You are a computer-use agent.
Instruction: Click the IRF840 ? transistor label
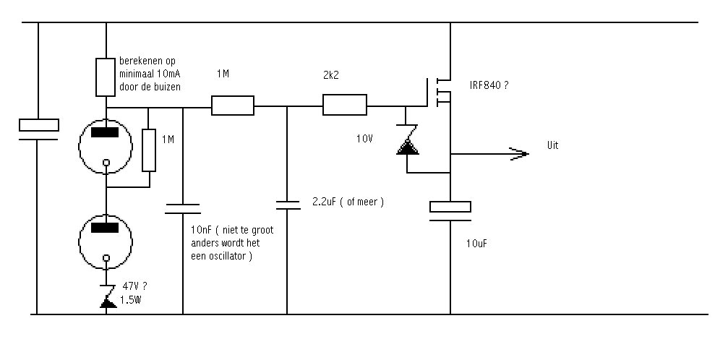coord(489,85)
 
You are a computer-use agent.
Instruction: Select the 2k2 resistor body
coord(345,105)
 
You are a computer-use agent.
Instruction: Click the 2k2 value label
coord(330,75)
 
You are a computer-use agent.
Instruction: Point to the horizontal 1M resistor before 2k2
coord(233,106)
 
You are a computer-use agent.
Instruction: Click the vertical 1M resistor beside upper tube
coord(149,150)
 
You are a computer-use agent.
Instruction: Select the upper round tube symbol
coord(106,146)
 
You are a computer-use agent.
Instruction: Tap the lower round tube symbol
coord(106,241)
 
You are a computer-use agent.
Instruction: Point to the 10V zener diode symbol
coord(408,140)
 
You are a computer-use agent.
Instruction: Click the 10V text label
coord(364,138)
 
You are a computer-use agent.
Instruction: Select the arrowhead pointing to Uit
coord(519,154)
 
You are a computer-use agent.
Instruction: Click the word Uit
coord(552,145)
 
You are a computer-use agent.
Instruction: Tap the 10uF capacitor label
coord(476,244)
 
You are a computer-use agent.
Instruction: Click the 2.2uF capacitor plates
coord(288,205)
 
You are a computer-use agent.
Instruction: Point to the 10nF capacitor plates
coord(182,209)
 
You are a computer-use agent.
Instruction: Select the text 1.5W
coord(130,300)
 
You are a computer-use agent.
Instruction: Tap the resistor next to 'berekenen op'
coord(106,77)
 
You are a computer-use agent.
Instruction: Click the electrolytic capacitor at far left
coord(38,129)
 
